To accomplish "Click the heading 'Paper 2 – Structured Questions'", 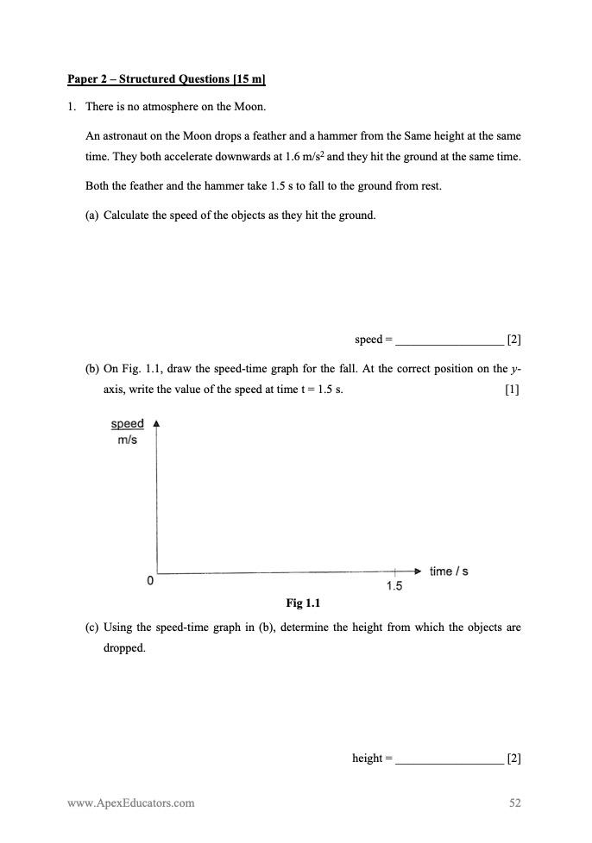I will (x=166, y=79).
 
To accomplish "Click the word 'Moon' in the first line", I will (x=249, y=107).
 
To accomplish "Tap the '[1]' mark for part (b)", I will (x=513, y=389).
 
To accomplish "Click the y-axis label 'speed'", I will (x=127, y=424).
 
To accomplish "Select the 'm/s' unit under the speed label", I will (x=127, y=440).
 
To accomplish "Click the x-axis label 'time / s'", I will (x=449, y=571).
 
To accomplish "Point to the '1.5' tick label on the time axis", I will (x=394, y=586).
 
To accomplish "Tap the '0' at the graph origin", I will (x=150, y=581).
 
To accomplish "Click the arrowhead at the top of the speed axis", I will (x=156, y=424).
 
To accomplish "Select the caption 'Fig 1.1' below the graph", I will (x=303, y=603).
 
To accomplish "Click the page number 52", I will (x=515, y=802).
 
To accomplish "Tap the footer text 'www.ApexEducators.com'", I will (x=131, y=802).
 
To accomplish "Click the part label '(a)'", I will (x=91, y=215).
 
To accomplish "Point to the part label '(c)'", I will (x=91, y=628).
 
